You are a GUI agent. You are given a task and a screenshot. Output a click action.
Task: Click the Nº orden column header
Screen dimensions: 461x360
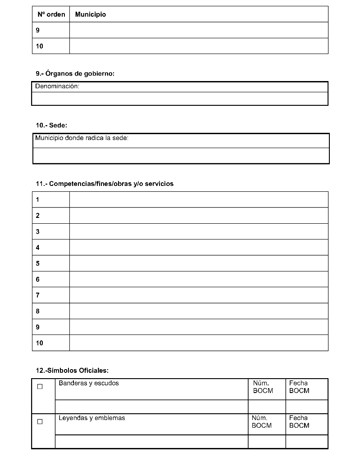[51, 14]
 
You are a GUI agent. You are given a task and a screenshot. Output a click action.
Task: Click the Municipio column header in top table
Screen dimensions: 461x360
[91, 14]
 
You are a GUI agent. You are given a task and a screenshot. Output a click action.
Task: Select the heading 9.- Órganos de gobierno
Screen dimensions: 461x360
[75, 73]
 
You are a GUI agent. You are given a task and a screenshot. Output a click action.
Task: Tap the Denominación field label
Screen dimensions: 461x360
[57, 86]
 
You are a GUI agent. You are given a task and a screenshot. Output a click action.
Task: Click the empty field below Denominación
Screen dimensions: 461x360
[180, 99]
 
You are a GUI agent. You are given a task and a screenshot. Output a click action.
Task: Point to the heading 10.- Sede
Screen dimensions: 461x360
[51, 125]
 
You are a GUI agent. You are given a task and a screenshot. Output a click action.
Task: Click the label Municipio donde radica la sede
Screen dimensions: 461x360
[82, 138]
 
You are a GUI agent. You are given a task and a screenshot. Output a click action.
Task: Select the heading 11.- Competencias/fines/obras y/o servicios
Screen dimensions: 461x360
[105, 184]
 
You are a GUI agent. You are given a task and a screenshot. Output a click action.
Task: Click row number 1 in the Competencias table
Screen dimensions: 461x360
[38, 199]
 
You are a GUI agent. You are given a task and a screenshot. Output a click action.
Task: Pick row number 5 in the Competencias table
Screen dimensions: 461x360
[38, 263]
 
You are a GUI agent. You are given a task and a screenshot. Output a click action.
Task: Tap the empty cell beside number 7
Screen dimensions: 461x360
[199, 295]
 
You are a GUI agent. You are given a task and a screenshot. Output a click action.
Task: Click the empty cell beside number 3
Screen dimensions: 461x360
[199, 231]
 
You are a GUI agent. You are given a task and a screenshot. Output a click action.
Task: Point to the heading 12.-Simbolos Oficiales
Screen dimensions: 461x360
[72, 371]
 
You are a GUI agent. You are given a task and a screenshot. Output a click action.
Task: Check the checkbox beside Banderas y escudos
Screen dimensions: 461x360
[40, 387]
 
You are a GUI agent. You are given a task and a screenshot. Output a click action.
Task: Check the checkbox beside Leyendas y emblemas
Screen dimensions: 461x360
[40, 421]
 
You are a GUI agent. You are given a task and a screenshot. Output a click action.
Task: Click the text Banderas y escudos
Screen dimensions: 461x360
[89, 383]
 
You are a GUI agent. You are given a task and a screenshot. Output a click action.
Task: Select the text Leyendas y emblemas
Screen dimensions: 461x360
[92, 418]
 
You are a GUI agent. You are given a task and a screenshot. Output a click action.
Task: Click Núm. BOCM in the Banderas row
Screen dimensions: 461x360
[263, 387]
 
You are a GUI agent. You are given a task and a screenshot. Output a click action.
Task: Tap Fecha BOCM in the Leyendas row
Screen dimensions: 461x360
[299, 422]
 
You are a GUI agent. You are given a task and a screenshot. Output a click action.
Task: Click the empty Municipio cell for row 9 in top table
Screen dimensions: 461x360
[199, 30]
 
